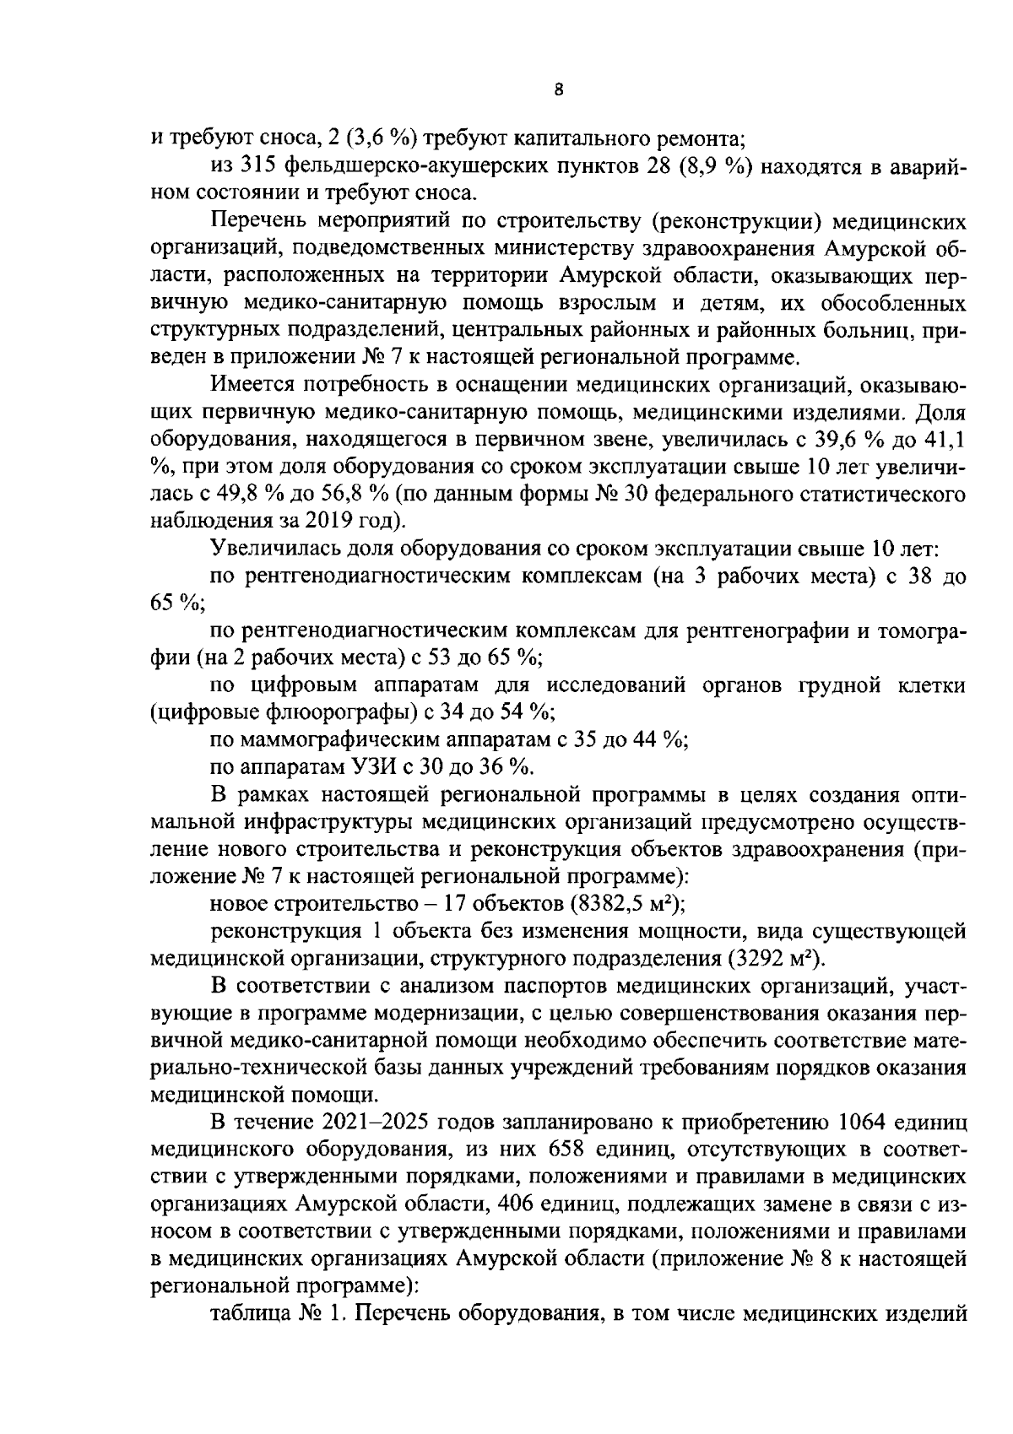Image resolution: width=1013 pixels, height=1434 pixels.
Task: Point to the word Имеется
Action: pyautogui.click(x=251, y=386)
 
